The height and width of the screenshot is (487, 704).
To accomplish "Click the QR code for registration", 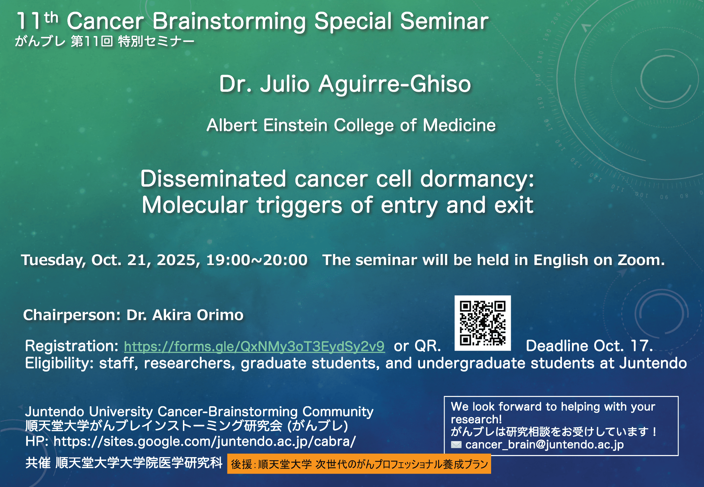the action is tap(483, 323).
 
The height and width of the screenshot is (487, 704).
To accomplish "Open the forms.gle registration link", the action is tap(254, 346).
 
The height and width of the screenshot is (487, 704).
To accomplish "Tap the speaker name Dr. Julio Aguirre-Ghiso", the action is tap(345, 84).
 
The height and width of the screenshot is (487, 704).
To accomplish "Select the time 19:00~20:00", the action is tap(257, 260).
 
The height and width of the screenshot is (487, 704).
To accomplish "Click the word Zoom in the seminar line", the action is tap(641, 260).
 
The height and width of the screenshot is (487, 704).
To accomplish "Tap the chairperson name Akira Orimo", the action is tap(198, 315).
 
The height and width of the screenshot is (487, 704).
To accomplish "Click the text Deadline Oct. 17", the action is tap(589, 346).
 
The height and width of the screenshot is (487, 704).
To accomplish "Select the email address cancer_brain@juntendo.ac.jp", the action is tap(544, 444).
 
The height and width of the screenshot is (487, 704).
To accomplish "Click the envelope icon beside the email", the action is tap(456, 445).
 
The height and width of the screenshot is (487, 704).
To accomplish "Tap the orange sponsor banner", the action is tap(359, 464).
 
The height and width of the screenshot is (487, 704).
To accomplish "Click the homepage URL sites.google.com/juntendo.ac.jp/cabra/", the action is tap(205, 441).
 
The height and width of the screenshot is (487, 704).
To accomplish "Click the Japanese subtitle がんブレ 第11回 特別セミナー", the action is tap(105, 42).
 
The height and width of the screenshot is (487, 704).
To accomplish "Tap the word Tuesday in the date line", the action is tap(54, 260).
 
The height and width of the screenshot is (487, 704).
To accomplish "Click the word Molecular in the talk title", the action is tap(195, 205).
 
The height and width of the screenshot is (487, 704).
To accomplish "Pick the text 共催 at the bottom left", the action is tap(38, 463).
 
